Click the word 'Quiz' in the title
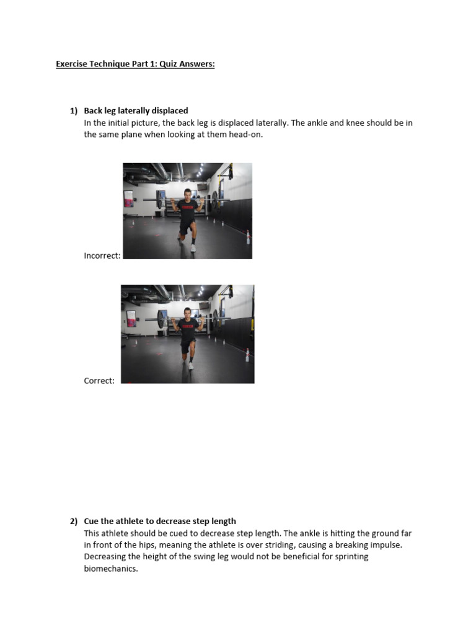168,64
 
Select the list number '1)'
74,111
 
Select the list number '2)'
74,522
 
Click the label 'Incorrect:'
102,255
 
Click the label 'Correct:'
99,381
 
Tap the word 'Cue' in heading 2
91,521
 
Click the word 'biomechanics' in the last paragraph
110,569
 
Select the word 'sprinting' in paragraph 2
351,557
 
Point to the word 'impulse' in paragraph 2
388,545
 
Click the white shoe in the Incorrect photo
193,248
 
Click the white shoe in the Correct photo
191,366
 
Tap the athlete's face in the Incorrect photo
187,194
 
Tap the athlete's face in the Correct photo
187,313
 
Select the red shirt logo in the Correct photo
187,326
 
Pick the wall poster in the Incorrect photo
129,199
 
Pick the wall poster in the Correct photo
131,319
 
